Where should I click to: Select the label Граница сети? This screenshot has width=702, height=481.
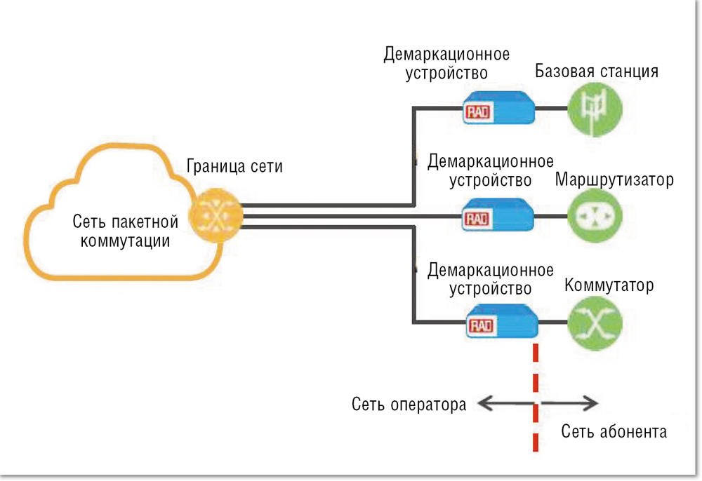coord(234,168)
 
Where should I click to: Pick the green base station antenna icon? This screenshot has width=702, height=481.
coord(595,109)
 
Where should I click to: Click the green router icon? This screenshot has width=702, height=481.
coord(595,216)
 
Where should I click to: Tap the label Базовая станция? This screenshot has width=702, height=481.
coord(596,72)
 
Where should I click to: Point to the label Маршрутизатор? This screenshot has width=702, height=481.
coord(614,180)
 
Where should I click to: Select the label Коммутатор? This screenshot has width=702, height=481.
coord(609,286)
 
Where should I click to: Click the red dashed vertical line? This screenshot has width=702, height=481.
coord(536,393)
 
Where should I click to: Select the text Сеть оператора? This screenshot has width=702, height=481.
coord(409,405)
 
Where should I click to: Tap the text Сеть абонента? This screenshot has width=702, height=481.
coord(614,431)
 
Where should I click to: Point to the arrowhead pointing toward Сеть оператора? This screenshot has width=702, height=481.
coord(483,402)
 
